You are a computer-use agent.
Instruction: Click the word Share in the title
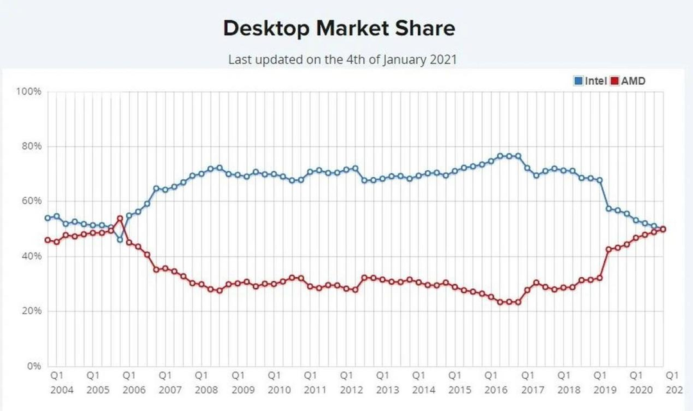428,28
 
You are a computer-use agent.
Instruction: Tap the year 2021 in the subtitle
442,59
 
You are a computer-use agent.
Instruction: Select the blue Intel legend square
578,81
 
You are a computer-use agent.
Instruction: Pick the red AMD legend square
614,81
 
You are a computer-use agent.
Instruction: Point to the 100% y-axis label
28,91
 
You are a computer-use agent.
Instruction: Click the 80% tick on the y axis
31,146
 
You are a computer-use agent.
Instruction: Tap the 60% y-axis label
31,201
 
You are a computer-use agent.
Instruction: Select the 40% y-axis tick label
31,256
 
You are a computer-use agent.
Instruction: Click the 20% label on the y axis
31,311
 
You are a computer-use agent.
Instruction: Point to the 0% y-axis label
33,366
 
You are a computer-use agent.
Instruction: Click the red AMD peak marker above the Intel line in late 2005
119,218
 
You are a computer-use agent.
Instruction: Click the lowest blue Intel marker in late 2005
119,240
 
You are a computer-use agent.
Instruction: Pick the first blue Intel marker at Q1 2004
47,218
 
